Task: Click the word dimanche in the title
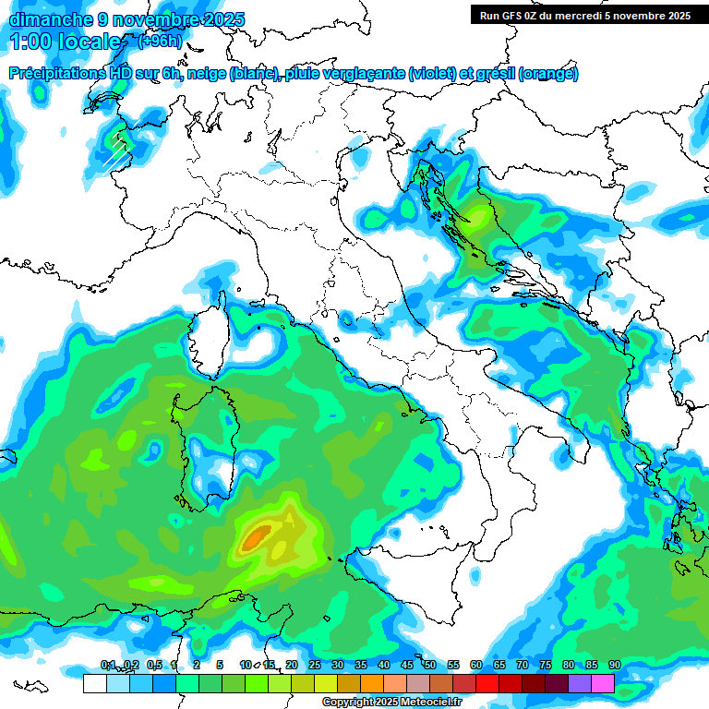click(x=46, y=19)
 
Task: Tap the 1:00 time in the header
click(x=30, y=42)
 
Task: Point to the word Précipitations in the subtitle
click(x=64, y=74)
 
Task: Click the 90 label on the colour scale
click(x=615, y=666)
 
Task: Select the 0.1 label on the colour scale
click(x=107, y=666)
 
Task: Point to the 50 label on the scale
click(x=430, y=666)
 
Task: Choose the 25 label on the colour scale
click(x=315, y=666)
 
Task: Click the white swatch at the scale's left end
click(x=94, y=683)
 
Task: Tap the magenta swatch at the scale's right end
click(x=603, y=683)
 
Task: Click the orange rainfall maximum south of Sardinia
click(x=257, y=535)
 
